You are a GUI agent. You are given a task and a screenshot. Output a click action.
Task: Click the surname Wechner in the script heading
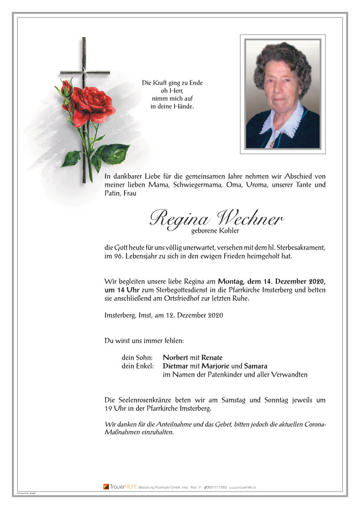point(250,218)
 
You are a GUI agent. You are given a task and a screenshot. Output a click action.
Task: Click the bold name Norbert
point(175,357)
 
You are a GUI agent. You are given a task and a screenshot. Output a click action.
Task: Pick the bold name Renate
point(212,357)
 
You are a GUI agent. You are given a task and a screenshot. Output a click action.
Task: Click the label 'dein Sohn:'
point(136,357)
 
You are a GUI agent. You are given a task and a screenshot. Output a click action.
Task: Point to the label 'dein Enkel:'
point(137,366)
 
